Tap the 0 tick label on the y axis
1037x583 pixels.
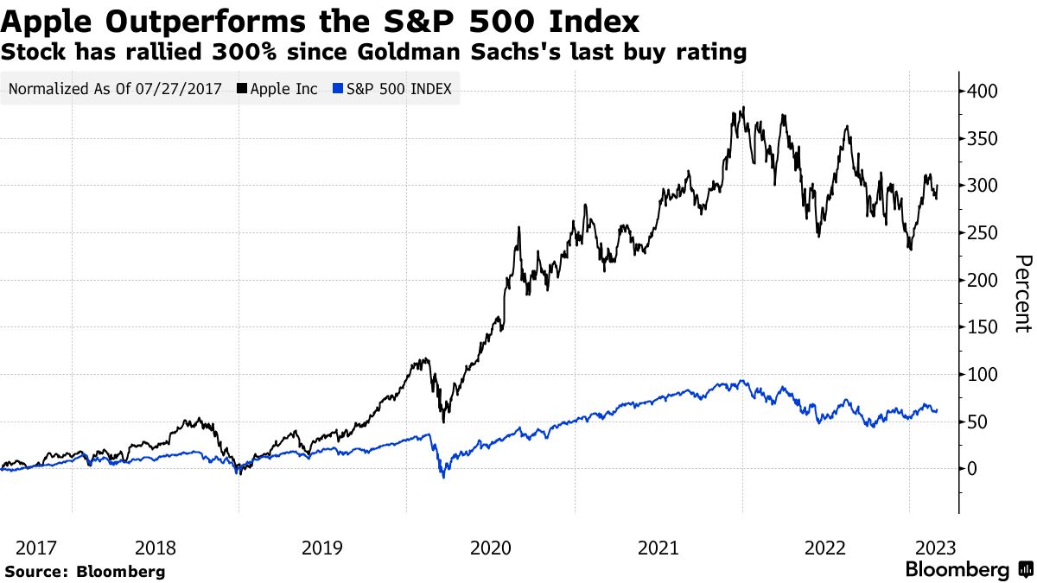[x=973, y=469]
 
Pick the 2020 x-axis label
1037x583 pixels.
[x=490, y=548]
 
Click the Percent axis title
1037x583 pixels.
[x=1022, y=294]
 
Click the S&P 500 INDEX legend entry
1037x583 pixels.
[x=398, y=89]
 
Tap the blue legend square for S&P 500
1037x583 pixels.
[x=339, y=89]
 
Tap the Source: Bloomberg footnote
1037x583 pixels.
[x=85, y=571]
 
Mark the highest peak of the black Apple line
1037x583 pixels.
[x=743, y=108]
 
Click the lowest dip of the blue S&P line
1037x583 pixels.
[x=443, y=477]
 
